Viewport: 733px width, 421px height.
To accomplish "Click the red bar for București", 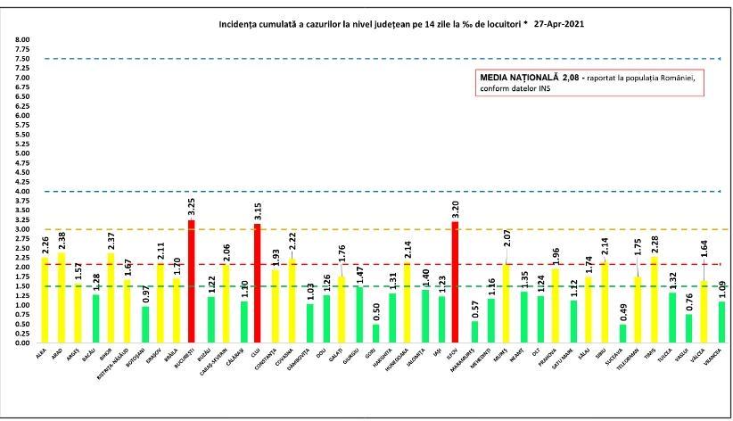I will (191, 281).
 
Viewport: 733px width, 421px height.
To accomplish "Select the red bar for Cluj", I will (257, 284).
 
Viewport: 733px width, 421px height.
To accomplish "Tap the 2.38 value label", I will (61, 239).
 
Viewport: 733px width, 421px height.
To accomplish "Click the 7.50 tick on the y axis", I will (22, 59).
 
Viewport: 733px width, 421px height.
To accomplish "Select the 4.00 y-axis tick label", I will (22, 191).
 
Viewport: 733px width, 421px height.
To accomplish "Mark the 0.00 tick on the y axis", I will (22, 343).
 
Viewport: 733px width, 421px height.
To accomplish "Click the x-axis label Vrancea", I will (710, 355).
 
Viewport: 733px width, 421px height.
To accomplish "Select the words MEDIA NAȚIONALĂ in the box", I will (518, 78).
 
